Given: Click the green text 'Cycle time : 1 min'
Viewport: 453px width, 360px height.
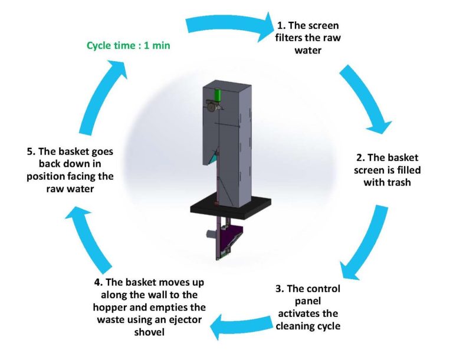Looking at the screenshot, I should tap(129, 45).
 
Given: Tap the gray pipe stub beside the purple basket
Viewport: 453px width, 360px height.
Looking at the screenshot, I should tap(208, 236).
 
